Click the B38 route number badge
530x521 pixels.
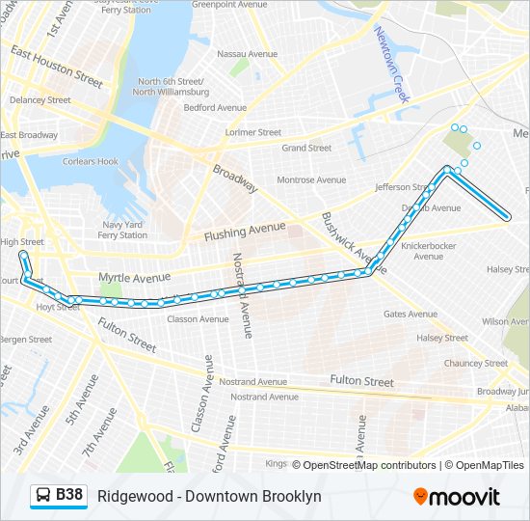pos(69,496)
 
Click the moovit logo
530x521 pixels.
pos(457,497)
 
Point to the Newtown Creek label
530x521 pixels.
pos(392,66)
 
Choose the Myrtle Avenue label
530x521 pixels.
pos(134,278)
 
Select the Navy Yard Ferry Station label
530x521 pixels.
pos(122,230)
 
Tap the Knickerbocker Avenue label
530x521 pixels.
pos(434,251)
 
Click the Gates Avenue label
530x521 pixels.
pos(410,314)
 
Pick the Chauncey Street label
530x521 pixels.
pos(475,363)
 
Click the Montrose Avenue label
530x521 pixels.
pos(311,180)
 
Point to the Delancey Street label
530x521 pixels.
pos(40,99)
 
